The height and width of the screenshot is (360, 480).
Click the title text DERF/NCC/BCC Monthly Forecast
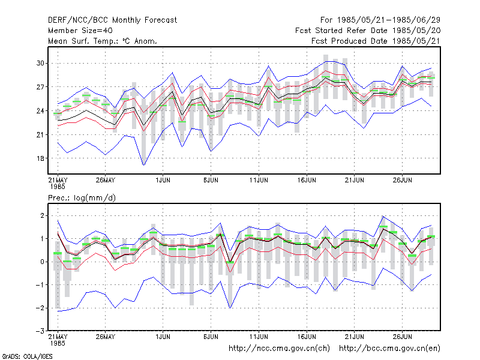[112, 20]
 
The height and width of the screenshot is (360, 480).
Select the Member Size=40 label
[80, 31]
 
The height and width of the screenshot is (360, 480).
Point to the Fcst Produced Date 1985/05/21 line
[376, 41]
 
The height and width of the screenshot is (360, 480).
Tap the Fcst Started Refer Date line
[368, 31]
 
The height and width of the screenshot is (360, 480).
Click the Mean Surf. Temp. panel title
[103, 41]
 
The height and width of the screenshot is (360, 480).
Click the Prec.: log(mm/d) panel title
[82, 198]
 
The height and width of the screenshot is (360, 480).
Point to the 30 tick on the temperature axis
[40, 63]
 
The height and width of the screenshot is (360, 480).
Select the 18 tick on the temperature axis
[40, 158]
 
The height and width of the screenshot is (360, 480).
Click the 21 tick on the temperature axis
[40, 134]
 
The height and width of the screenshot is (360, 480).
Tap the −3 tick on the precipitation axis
[40, 331]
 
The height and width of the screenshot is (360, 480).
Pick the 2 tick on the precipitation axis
[42, 215]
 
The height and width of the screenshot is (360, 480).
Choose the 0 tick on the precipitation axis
[42, 262]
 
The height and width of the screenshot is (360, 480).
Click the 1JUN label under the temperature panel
[163, 180]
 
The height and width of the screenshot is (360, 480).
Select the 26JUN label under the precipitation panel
[402, 337]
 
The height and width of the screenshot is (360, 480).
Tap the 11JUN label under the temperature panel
[259, 180]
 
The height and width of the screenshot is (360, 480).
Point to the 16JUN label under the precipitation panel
[307, 337]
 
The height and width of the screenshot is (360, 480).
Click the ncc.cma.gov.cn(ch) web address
[279, 349]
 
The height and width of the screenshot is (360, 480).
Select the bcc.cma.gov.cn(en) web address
[389, 349]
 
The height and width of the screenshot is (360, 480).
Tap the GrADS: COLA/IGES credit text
[27, 356]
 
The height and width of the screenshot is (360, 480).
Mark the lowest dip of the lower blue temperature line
[143, 166]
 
